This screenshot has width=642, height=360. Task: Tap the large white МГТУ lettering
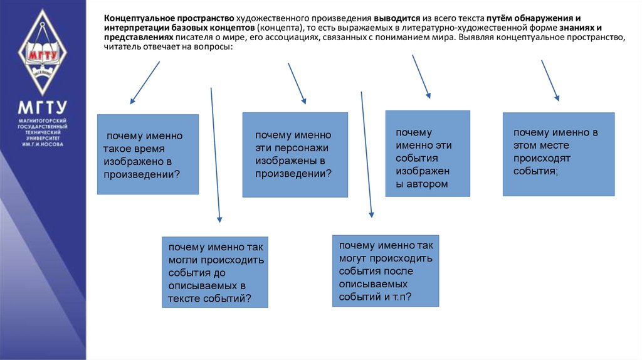tap(42, 106)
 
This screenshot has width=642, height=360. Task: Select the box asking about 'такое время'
tap(148, 154)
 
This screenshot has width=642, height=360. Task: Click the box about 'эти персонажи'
tap(295, 155)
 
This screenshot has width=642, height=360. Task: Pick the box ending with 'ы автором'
tap(427, 154)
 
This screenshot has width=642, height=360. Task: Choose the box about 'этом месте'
tap(558, 154)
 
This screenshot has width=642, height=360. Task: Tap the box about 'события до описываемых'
tap(214, 272)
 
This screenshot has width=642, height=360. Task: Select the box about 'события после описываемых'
tap(385, 271)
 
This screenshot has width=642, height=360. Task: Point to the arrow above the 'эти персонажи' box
tap(297, 83)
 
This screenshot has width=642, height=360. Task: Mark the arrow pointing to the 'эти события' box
tap(421, 77)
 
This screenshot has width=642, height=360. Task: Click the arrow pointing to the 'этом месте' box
tap(550, 80)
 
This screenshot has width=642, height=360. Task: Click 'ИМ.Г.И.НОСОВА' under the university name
tap(42, 144)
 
